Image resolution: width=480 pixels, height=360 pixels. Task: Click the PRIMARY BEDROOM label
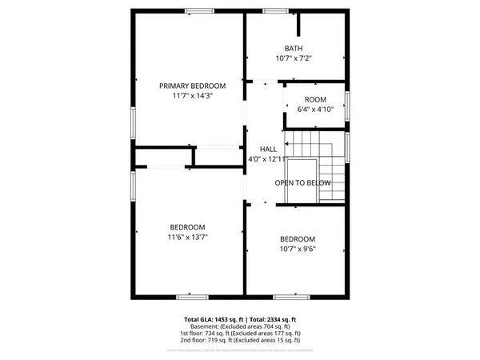(192, 86)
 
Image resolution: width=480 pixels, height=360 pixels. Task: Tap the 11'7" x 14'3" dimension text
(192, 95)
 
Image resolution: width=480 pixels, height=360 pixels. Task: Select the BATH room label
(294, 48)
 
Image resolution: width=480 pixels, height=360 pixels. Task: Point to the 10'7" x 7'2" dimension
(294, 58)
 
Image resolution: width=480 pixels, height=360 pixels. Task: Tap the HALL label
(268, 149)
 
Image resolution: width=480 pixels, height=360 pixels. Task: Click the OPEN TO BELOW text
(303, 183)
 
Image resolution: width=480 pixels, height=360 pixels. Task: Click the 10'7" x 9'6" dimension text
(298, 249)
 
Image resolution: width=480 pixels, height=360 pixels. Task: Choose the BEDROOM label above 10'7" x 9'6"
(298, 239)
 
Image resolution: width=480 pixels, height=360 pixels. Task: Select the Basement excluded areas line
(240, 326)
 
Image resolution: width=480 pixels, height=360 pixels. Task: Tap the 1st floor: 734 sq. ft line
(240, 333)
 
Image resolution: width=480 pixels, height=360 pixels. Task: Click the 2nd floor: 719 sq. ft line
(240, 340)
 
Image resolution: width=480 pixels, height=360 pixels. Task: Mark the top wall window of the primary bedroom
(200, 10)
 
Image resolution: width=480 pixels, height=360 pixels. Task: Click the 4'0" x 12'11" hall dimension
(268, 159)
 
